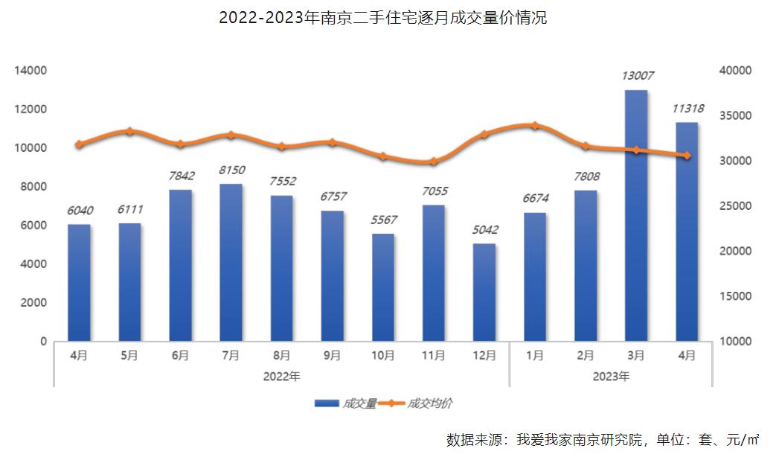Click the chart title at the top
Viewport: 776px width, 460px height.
[x=383, y=18]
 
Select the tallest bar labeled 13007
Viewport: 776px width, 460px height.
[x=635, y=216]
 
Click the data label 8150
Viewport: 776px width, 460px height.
[x=231, y=170]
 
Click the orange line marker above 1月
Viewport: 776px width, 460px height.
[x=534, y=126]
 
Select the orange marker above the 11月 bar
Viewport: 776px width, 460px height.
[x=433, y=162]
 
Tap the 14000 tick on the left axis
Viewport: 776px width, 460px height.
[x=31, y=71]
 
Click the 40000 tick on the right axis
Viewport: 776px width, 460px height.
[x=736, y=71]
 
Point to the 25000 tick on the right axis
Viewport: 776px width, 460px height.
[x=736, y=206]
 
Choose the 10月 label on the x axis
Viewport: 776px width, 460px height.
[x=382, y=356]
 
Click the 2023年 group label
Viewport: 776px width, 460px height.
[x=611, y=377]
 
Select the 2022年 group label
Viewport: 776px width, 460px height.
[x=281, y=377]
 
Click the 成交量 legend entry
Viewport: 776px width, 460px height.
[x=345, y=403]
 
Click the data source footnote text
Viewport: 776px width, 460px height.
[x=602, y=439]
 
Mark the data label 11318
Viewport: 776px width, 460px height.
[x=687, y=108]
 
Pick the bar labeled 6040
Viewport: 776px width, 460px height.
[x=79, y=283]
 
